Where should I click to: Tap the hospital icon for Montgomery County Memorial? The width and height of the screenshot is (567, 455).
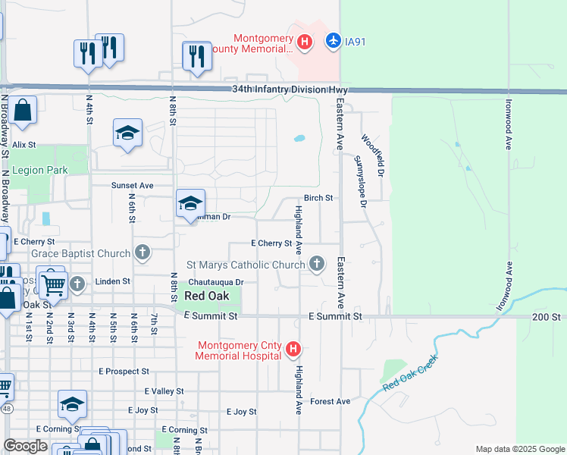point(303,41)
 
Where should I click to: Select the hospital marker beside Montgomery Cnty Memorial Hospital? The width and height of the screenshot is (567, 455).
point(294,350)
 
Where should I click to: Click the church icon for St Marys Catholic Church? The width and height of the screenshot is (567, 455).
point(317,264)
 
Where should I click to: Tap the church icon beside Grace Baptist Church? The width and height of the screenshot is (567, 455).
point(142,252)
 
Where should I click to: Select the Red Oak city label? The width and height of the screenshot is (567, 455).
point(203,296)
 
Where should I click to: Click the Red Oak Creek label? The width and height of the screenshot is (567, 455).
point(410,378)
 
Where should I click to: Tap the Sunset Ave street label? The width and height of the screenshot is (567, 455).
point(133,185)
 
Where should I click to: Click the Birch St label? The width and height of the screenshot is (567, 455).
point(318,198)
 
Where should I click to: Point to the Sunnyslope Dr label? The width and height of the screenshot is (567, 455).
point(361,181)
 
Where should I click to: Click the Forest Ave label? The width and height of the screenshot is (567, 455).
point(330,401)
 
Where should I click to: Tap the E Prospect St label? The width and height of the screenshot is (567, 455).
point(124,372)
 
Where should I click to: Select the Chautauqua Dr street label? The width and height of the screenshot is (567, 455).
point(215,282)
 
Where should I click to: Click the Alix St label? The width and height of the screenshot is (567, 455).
point(23,144)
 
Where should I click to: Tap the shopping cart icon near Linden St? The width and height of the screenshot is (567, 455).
point(52,284)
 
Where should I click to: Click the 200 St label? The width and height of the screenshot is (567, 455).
point(544,316)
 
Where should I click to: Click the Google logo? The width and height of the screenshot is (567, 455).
point(25,446)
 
